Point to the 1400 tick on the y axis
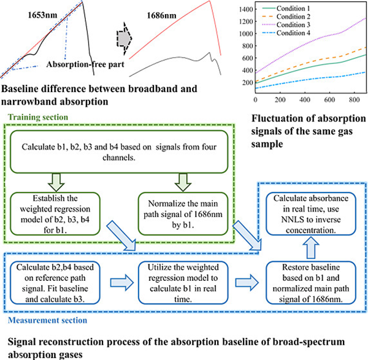click(x=243, y=9)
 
